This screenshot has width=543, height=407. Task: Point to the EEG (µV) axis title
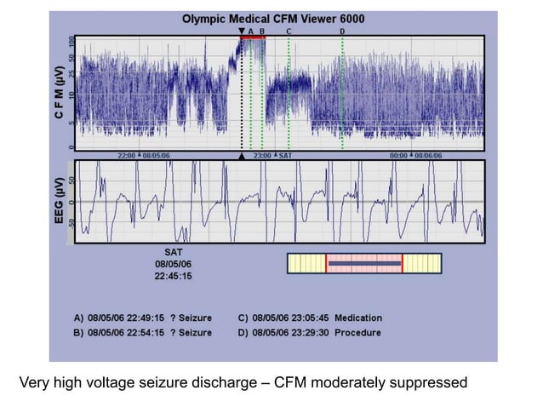click(x=60, y=201)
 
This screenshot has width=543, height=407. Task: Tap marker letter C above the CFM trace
click(x=289, y=31)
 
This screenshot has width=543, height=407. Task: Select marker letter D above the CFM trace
click(x=342, y=31)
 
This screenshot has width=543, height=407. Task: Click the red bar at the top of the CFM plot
click(x=253, y=37)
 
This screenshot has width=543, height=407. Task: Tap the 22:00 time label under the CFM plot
click(x=126, y=156)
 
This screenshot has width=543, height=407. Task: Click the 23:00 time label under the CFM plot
click(x=262, y=156)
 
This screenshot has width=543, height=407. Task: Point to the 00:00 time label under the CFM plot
click(x=398, y=156)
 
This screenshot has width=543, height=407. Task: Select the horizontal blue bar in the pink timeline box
click(x=364, y=264)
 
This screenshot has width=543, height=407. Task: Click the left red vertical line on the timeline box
click(x=326, y=264)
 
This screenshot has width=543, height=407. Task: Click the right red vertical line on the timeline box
click(x=402, y=264)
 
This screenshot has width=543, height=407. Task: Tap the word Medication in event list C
click(x=359, y=318)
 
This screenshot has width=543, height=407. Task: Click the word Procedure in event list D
click(x=357, y=333)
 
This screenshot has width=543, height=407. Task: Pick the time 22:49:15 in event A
click(x=146, y=318)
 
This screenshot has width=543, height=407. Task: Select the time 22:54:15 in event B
click(x=146, y=333)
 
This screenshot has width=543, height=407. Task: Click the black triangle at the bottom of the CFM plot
click(x=242, y=157)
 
